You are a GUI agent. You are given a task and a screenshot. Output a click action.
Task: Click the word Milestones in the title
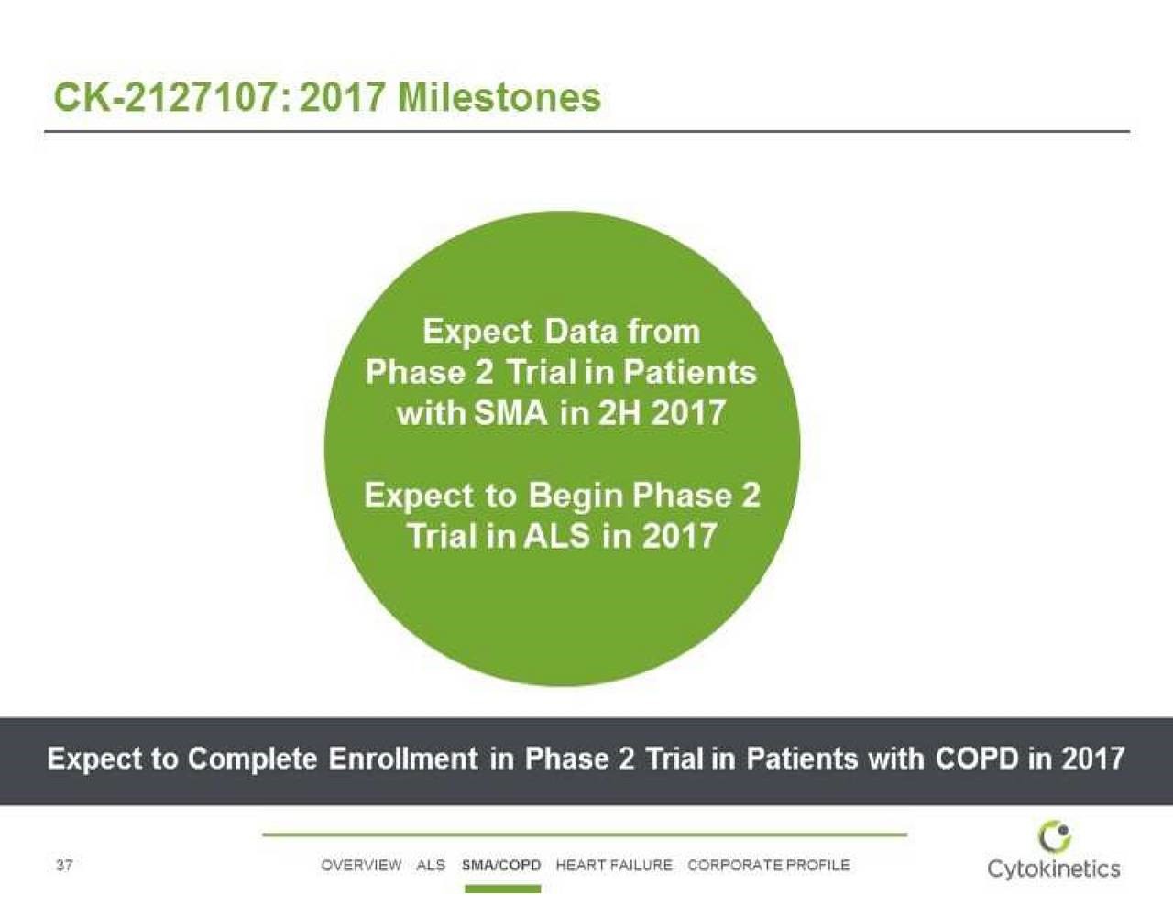(x=499, y=98)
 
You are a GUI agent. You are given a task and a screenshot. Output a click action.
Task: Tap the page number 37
(x=64, y=866)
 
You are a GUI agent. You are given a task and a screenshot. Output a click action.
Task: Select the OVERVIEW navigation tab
(x=360, y=865)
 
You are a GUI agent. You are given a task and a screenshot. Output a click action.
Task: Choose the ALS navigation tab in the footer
(x=431, y=865)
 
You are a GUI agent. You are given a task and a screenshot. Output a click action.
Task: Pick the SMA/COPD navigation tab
(x=501, y=865)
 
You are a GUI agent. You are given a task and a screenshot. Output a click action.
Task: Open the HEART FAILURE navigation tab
(x=614, y=865)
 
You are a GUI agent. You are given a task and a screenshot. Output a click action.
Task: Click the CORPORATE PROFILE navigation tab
(x=769, y=865)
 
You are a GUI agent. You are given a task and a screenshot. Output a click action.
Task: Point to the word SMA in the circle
(x=510, y=413)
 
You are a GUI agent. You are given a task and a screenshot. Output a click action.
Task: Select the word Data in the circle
(x=580, y=331)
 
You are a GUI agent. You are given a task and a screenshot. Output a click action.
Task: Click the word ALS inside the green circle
(x=557, y=536)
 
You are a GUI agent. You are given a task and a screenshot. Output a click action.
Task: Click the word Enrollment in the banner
(x=403, y=758)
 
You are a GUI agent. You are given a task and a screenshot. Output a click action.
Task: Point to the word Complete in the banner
(x=253, y=759)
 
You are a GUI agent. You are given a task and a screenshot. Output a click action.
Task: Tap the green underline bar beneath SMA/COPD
(x=502, y=889)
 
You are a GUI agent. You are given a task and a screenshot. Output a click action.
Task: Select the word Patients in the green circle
(x=690, y=372)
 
